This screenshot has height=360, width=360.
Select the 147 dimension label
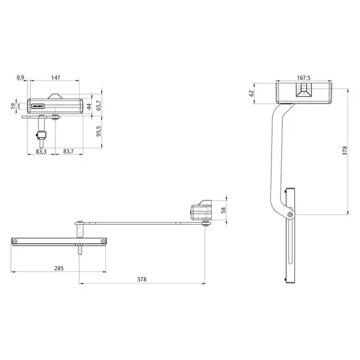(x=56, y=77)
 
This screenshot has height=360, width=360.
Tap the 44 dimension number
(x=89, y=105)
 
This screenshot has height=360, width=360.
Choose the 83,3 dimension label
(x=40, y=152)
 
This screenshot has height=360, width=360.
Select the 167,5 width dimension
(x=304, y=78)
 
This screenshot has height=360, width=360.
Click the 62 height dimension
(x=251, y=93)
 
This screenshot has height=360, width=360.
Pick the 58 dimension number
(x=223, y=212)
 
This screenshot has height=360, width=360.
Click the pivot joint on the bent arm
(x=289, y=215)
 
